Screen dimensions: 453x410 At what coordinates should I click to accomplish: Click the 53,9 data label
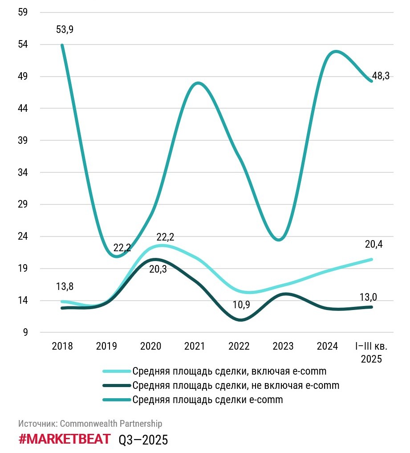click(65, 30)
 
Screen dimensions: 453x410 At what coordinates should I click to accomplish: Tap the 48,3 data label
click(381, 76)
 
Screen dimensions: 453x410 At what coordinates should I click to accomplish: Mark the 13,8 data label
click(65, 286)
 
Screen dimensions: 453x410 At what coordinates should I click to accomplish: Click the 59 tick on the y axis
click(23, 12)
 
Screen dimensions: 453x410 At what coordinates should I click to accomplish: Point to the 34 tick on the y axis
click(23, 172)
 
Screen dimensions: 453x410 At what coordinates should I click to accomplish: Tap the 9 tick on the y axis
click(25, 332)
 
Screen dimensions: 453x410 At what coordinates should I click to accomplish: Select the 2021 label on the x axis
click(195, 346)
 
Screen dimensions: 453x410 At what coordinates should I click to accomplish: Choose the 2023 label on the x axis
click(283, 346)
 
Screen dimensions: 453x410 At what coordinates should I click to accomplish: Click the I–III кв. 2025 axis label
click(369, 352)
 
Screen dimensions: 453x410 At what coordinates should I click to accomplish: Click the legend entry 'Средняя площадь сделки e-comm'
click(207, 400)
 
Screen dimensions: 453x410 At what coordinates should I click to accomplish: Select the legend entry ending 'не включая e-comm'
click(235, 385)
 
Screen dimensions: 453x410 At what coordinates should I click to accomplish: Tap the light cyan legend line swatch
click(117, 371)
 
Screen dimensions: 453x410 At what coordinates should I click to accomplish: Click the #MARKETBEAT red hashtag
click(65, 439)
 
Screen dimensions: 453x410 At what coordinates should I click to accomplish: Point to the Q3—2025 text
click(143, 440)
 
